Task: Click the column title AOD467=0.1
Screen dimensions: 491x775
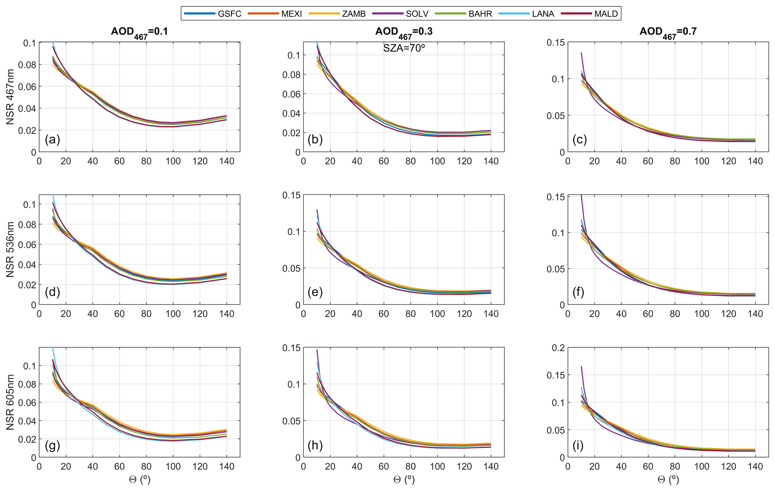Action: (x=139, y=32)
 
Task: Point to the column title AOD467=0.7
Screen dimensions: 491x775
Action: (x=668, y=32)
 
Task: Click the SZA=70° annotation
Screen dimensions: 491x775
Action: (x=404, y=48)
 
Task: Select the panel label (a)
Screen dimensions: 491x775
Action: (x=52, y=139)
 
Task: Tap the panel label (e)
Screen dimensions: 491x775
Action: (x=315, y=292)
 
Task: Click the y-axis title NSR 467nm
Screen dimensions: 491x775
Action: (x=10, y=97)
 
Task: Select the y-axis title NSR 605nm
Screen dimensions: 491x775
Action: (x=10, y=402)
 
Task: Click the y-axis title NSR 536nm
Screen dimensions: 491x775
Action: (x=10, y=249)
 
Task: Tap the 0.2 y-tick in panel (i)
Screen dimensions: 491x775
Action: (x=558, y=348)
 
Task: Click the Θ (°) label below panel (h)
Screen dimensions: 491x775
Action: (x=404, y=480)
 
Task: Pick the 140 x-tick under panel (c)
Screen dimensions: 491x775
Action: (x=755, y=161)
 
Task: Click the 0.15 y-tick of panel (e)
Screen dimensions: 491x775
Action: (x=291, y=195)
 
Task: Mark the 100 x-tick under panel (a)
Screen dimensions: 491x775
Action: (x=173, y=161)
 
